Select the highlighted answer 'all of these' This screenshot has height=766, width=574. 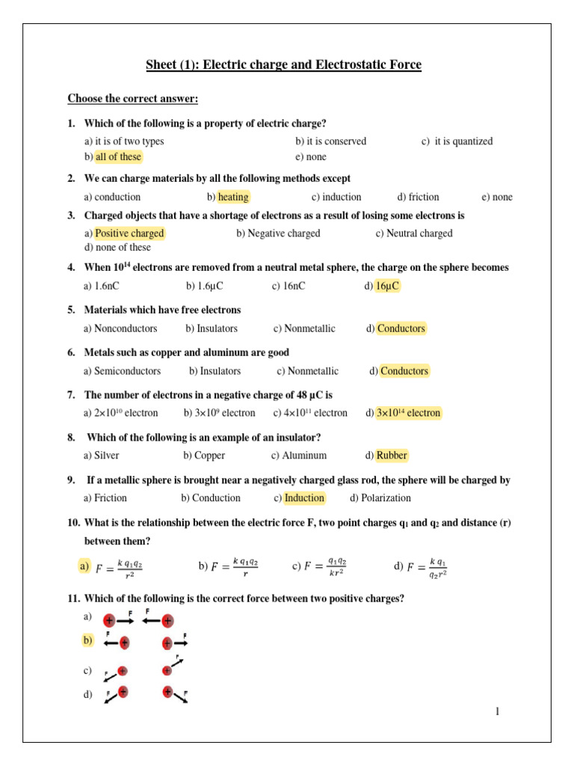pos(118,157)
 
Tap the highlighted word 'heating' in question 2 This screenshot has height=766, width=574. pos(233,197)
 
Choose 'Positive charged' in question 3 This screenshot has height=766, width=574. pos(129,233)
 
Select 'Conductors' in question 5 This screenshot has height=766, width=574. pos(401,328)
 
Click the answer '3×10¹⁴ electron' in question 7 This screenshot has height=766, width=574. pos(408,413)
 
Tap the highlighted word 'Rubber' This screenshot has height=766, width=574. pos(392,456)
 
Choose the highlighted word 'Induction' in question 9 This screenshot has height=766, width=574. pos(304,498)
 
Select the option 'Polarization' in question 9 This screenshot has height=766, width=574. pos(386,498)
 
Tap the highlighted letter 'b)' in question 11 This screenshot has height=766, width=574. pos(88,640)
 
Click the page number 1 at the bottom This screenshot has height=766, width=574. pos(496,711)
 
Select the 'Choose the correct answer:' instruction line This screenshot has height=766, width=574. pos(133,99)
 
